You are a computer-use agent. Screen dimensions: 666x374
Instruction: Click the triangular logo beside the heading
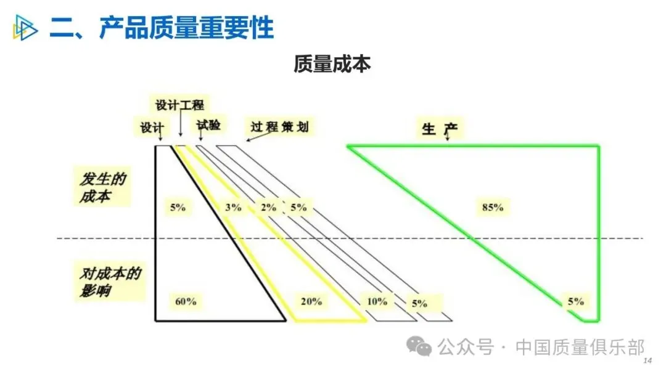coord(25,28)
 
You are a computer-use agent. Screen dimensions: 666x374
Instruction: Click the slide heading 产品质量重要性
coord(186,28)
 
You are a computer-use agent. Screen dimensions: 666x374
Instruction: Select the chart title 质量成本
coord(332,64)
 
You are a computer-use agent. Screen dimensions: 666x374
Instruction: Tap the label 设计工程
coord(179,105)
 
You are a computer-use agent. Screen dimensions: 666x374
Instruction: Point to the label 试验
coord(208,125)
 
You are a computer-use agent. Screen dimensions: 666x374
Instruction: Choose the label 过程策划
coord(279,126)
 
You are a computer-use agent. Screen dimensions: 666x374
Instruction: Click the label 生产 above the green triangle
coord(440,129)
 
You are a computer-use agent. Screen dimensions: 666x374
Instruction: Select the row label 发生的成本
coord(102,187)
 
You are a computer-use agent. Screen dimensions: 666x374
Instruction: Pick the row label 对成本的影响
coord(110,282)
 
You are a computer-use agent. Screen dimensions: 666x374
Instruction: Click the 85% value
coord(493,207)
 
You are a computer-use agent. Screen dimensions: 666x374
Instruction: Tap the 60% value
coord(186,301)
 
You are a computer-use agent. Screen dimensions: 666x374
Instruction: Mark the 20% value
coord(311,301)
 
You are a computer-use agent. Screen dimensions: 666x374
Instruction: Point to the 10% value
coord(377,301)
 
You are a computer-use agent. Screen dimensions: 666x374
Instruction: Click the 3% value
coord(233,207)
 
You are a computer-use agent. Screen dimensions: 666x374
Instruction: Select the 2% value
coord(268,207)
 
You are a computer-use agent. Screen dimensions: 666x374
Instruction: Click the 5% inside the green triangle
coord(576,301)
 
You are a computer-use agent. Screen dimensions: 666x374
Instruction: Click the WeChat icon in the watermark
coord(419,346)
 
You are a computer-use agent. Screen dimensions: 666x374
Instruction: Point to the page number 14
coord(647,360)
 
